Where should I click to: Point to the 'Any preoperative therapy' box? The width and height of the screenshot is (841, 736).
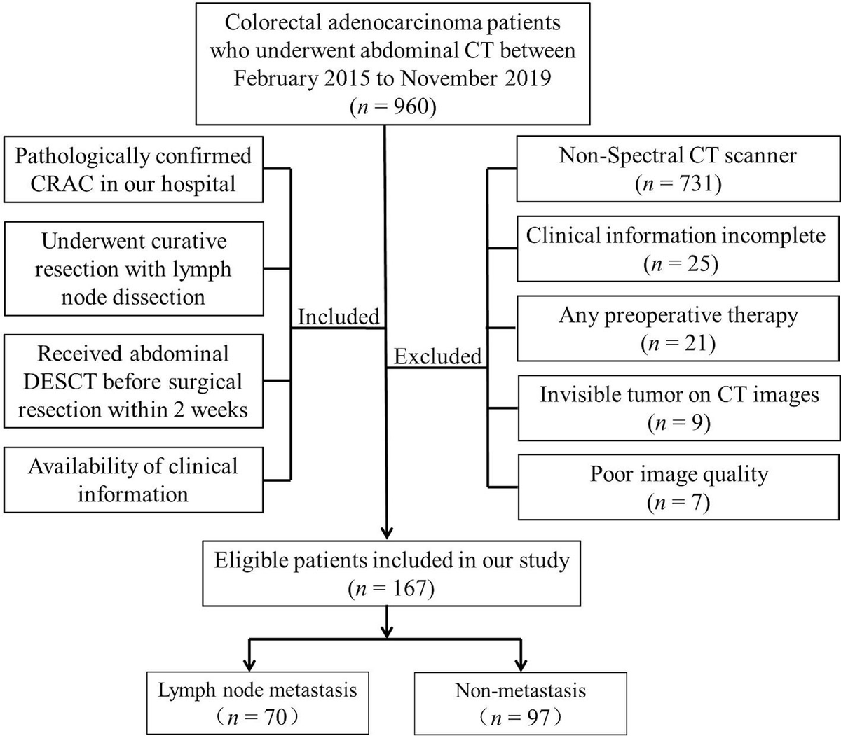(x=678, y=328)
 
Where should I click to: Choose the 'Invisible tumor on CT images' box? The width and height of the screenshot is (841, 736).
(x=678, y=408)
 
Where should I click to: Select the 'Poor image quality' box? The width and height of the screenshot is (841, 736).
(x=678, y=487)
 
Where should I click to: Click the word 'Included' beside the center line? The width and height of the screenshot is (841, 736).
(x=339, y=317)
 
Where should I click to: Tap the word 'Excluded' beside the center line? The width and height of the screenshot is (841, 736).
(x=437, y=356)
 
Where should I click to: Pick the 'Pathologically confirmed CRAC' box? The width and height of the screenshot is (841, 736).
(x=133, y=169)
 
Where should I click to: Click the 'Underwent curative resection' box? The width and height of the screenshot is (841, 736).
(x=133, y=269)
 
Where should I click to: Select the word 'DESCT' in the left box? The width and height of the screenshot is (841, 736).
(x=58, y=382)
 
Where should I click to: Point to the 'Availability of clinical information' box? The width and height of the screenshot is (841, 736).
(x=133, y=480)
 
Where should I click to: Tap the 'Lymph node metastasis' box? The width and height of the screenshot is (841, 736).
(x=257, y=702)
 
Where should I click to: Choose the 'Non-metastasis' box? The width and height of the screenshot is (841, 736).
(x=520, y=702)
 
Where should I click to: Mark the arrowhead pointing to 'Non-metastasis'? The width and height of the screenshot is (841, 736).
(x=520, y=663)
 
